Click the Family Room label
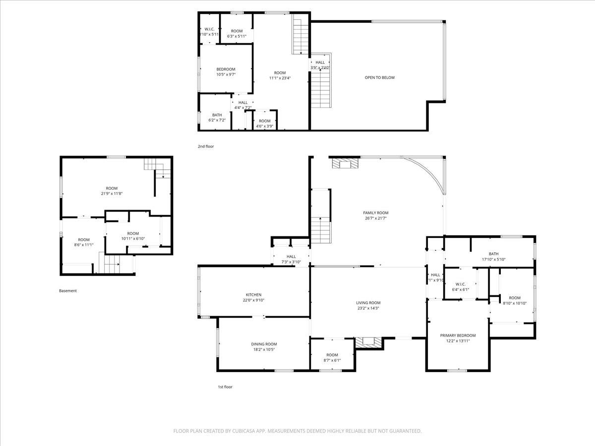click(375, 213)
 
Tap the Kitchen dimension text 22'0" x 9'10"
click(253, 300)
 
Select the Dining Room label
click(264, 344)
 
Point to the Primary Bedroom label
click(458, 335)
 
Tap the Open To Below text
click(380, 77)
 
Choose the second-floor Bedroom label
click(226, 69)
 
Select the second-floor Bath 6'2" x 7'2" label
click(217, 115)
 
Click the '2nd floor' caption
click(206, 146)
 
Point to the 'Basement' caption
click(68, 291)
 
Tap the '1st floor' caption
click(225, 387)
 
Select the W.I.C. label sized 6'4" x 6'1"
click(460, 284)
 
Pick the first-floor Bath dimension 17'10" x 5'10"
click(493, 259)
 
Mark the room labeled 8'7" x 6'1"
click(332, 357)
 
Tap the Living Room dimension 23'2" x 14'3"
click(368, 308)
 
